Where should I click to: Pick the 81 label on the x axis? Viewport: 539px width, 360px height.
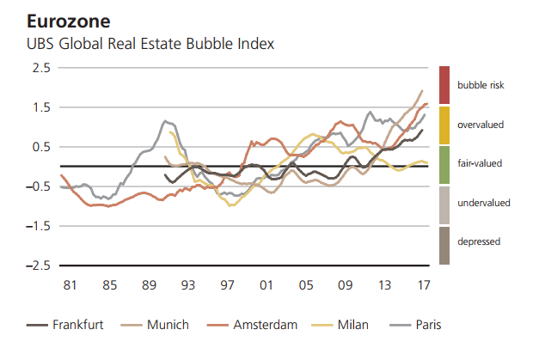(70, 284)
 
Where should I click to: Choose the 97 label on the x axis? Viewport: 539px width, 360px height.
(227, 284)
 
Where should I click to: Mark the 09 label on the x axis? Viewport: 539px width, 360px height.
(345, 284)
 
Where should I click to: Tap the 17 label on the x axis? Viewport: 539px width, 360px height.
(424, 284)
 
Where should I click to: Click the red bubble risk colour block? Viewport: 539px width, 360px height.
(444, 85)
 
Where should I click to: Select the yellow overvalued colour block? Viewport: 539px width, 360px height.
(444, 125)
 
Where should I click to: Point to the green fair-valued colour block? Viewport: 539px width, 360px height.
(444, 164)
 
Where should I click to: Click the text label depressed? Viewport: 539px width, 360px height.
(479, 241)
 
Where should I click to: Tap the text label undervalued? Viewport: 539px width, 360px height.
(483, 202)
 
